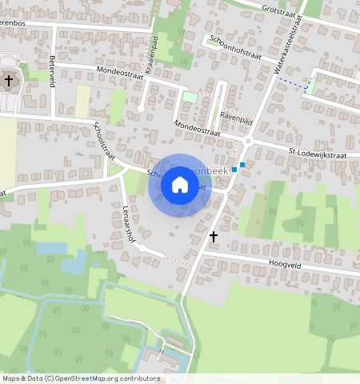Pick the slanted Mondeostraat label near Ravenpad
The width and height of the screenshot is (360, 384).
[x=198, y=128]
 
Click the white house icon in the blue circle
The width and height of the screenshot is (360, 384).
[x=180, y=186]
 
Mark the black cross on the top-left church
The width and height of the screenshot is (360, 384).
[x=10, y=80]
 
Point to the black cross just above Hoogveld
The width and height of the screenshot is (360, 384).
[x=214, y=237]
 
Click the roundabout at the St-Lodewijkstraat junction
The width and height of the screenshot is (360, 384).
[x=248, y=141]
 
